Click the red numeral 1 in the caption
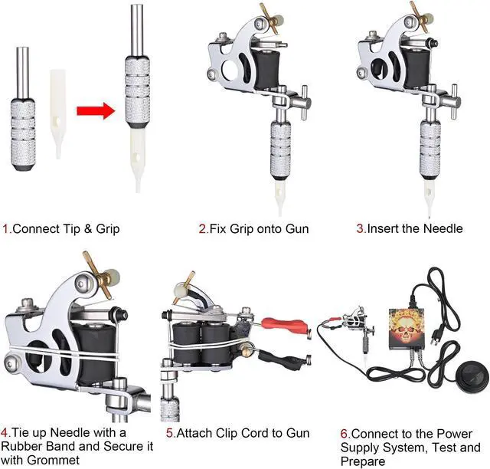click(6, 228)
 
